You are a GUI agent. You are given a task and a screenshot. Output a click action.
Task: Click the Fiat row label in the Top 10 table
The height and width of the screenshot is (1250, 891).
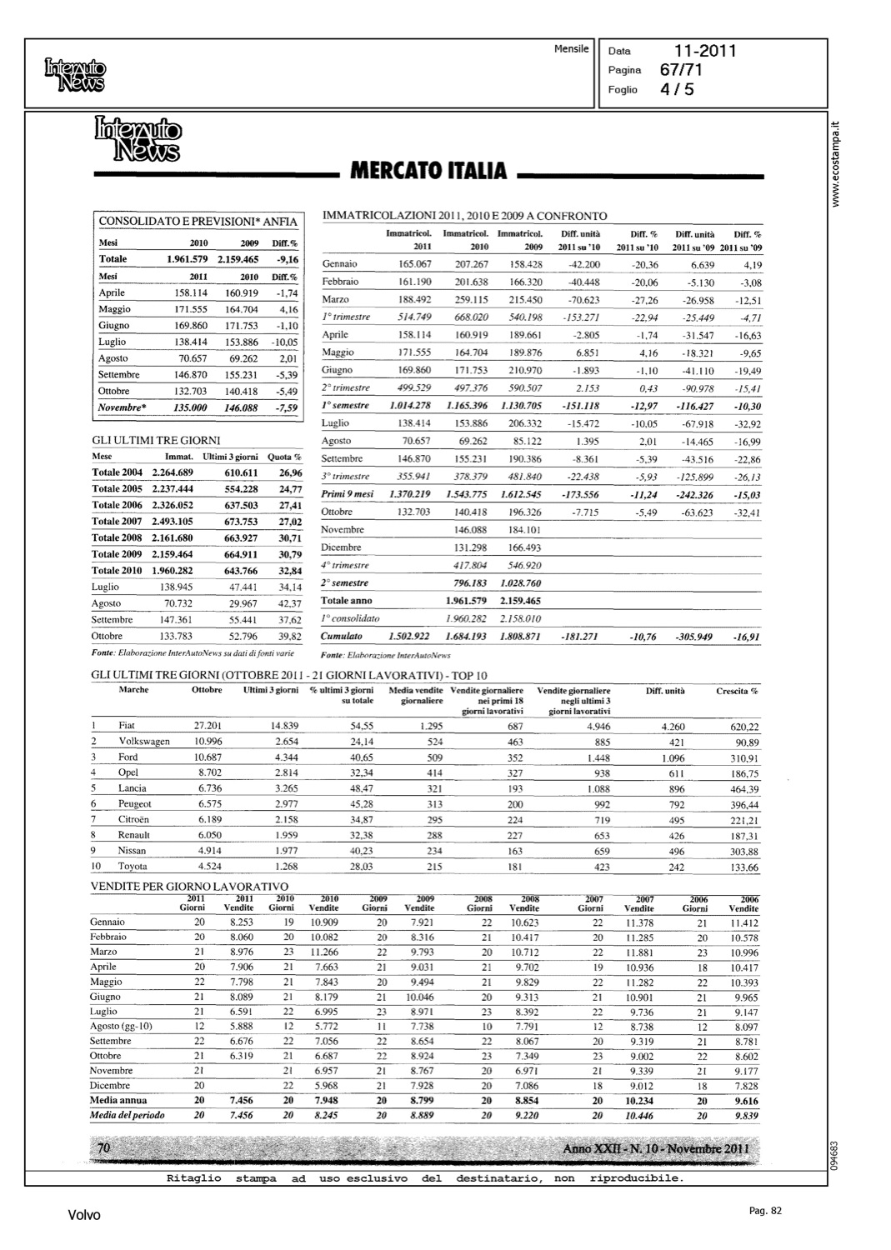[127, 726]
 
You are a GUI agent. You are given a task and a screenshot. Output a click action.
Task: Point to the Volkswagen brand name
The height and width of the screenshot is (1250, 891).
[144, 742]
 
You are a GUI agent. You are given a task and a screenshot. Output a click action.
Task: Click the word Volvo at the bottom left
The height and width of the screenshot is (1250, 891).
[84, 1215]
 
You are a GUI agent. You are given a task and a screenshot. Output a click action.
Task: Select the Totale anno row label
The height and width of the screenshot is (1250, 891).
[346, 601]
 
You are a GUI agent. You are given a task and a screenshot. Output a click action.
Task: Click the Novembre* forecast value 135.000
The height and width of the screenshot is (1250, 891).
[190, 408]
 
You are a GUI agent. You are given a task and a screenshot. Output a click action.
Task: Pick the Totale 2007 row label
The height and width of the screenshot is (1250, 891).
[117, 522]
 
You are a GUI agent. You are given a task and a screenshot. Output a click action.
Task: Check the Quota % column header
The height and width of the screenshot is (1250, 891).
[284, 457]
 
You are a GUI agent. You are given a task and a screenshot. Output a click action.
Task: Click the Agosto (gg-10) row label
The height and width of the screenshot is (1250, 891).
[121, 1027]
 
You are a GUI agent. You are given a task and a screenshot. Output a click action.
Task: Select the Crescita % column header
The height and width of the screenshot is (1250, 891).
[737, 691]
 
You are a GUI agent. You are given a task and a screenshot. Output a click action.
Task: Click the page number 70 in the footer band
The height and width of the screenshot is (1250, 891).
[104, 1149]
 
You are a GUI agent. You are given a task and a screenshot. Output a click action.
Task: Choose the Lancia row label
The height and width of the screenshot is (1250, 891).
[133, 788]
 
